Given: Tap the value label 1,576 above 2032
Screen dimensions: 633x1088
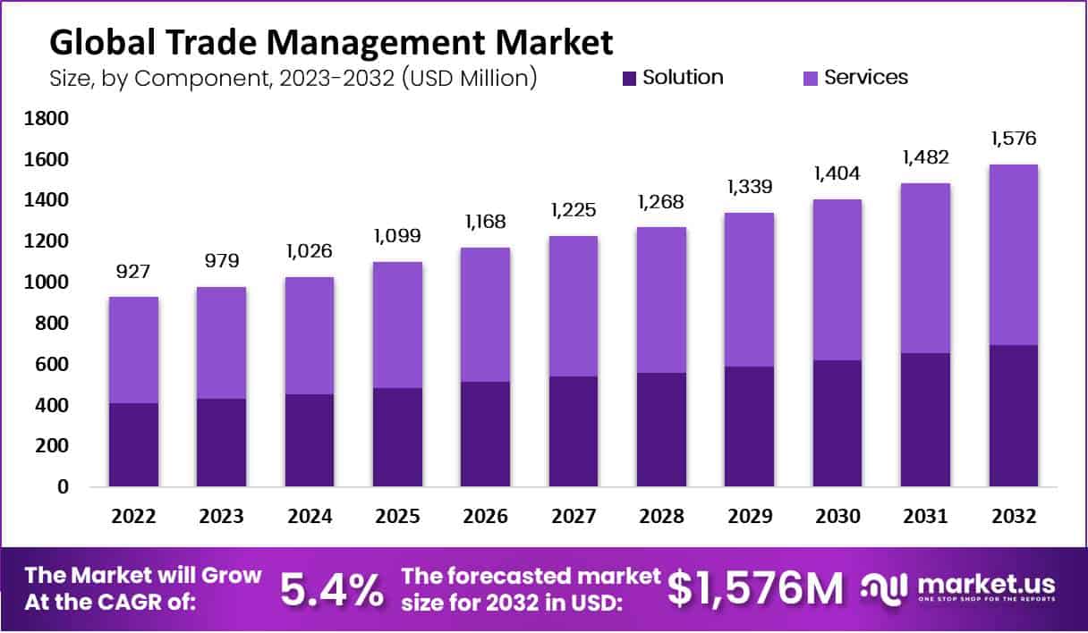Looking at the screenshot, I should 1014,139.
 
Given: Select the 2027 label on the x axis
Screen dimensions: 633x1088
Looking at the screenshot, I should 573,517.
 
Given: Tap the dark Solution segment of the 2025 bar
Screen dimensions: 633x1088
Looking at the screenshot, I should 397,437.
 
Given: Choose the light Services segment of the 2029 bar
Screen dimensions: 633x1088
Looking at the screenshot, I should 749,290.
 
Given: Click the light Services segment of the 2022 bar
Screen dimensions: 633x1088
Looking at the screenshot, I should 134,350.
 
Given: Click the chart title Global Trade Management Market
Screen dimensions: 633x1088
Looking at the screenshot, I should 331,42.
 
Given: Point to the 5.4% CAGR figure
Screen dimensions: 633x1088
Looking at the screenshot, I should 331,588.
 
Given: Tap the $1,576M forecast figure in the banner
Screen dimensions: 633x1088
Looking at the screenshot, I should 756,588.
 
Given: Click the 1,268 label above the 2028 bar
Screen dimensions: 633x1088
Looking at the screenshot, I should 661,201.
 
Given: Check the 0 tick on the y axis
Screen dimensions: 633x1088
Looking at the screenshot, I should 62,487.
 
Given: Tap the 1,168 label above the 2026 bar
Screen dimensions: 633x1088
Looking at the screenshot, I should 486,221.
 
